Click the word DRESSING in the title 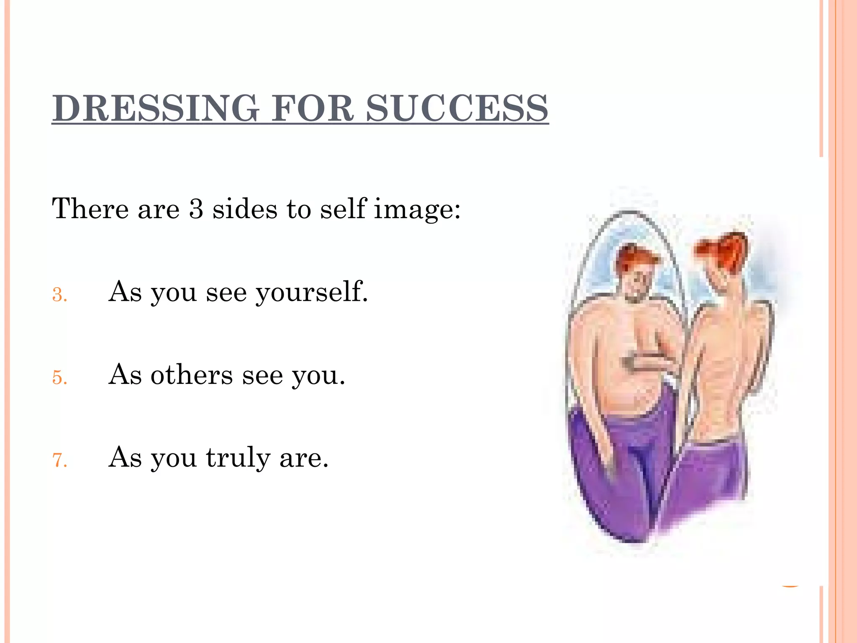click(155, 108)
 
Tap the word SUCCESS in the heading click(457, 108)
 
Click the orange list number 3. click(59, 295)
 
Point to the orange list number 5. click(59, 378)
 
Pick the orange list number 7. click(59, 460)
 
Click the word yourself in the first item click(312, 292)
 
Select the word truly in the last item click(238, 458)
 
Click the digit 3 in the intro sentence click(196, 208)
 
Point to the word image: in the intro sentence click(417, 209)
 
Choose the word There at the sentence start click(90, 208)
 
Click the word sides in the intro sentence click(245, 208)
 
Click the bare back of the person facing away click(728, 368)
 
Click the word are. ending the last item click(304, 458)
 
